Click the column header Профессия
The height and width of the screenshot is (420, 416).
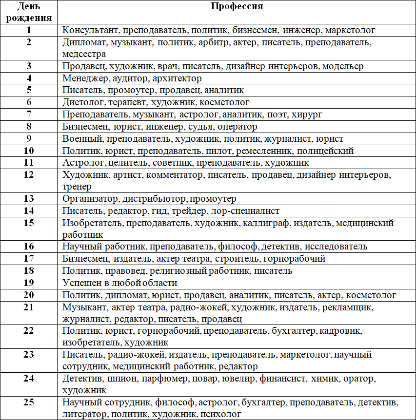237,7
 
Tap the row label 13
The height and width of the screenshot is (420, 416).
29,199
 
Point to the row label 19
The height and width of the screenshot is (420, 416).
29,283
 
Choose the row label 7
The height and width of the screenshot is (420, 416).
29,115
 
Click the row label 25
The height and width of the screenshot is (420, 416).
29,402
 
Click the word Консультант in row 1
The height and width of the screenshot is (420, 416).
91,30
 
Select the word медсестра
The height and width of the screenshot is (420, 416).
84,54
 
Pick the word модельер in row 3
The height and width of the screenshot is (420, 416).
343,66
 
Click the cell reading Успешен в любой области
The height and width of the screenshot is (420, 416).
119,283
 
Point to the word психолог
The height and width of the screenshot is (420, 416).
220,415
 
